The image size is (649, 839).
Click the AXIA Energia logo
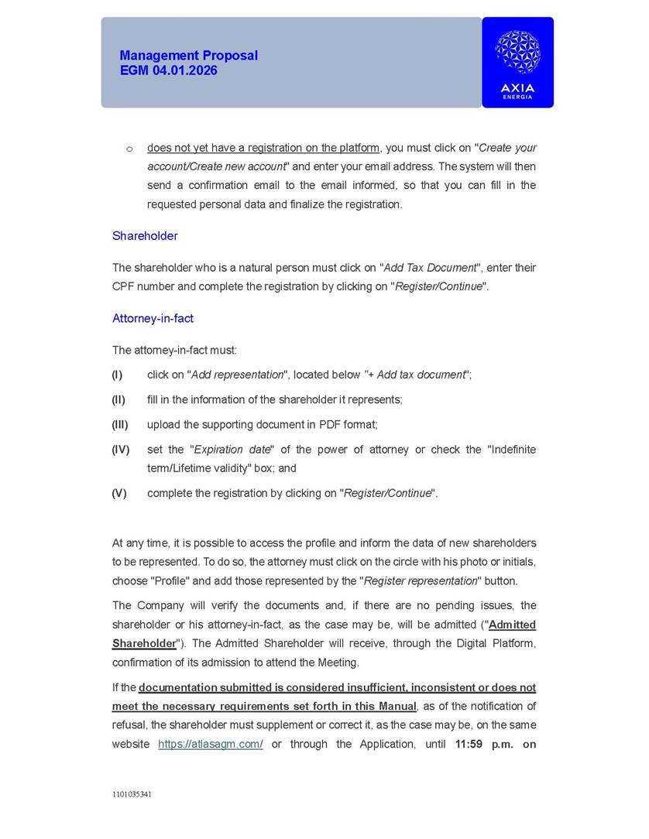click(517, 62)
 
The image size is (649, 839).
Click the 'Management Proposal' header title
click(188, 56)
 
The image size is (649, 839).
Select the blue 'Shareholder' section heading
click(145, 236)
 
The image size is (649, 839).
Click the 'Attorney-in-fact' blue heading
click(153, 318)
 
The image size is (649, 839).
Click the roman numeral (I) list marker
click(117, 375)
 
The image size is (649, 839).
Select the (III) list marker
click(119, 424)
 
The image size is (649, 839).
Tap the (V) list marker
click(118, 493)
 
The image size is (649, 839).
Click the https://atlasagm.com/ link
click(211, 744)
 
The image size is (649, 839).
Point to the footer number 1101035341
click(132, 794)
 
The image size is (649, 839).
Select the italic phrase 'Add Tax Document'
click(430, 268)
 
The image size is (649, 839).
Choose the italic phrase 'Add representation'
click(238, 375)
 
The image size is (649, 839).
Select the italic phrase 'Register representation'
click(421, 580)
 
